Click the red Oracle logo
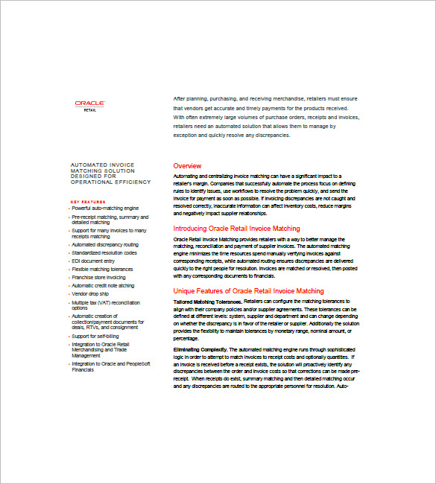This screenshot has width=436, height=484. point(89,103)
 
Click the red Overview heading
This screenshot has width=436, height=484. point(187,165)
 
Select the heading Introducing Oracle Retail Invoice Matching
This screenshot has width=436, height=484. point(236,229)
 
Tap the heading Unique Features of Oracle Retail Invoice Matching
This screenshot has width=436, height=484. point(248,291)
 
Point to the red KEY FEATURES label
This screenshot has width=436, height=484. point(88,202)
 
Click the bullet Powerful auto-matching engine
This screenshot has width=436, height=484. point(105,208)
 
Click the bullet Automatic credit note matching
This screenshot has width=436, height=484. point(103,285)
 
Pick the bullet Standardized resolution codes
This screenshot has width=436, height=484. point(104,252)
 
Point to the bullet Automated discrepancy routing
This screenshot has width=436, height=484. point(105,244)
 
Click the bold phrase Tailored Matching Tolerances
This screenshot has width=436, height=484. point(206,301)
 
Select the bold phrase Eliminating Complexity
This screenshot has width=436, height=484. point(200,349)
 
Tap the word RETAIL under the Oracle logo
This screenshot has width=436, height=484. point(90,110)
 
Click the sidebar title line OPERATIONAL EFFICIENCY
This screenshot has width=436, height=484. point(110,182)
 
